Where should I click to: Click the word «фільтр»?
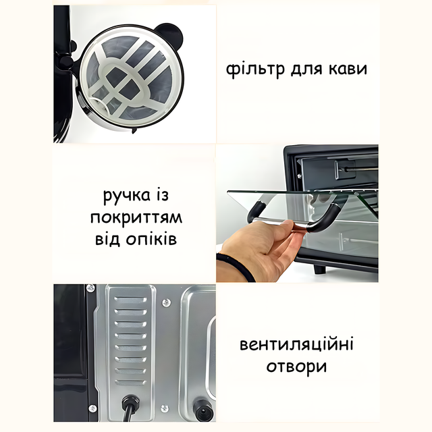(255, 70)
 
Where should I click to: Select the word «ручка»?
(127, 196)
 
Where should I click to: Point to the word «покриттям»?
(136, 218)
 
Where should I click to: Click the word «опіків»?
(151, 239)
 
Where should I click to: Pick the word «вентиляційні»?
(296, 345)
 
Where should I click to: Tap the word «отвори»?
(296, 367)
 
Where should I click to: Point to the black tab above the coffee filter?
(169, 33)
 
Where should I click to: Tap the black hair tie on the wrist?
(237, 266)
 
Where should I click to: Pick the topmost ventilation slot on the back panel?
(130, 300)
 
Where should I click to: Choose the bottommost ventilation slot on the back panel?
(130, 382)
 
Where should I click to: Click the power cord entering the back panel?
(129, 408)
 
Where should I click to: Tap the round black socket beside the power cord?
(202, 408)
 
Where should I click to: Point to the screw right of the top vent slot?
(166, 303)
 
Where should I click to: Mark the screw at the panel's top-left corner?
(90, 288)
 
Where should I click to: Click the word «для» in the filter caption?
(306, 69)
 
